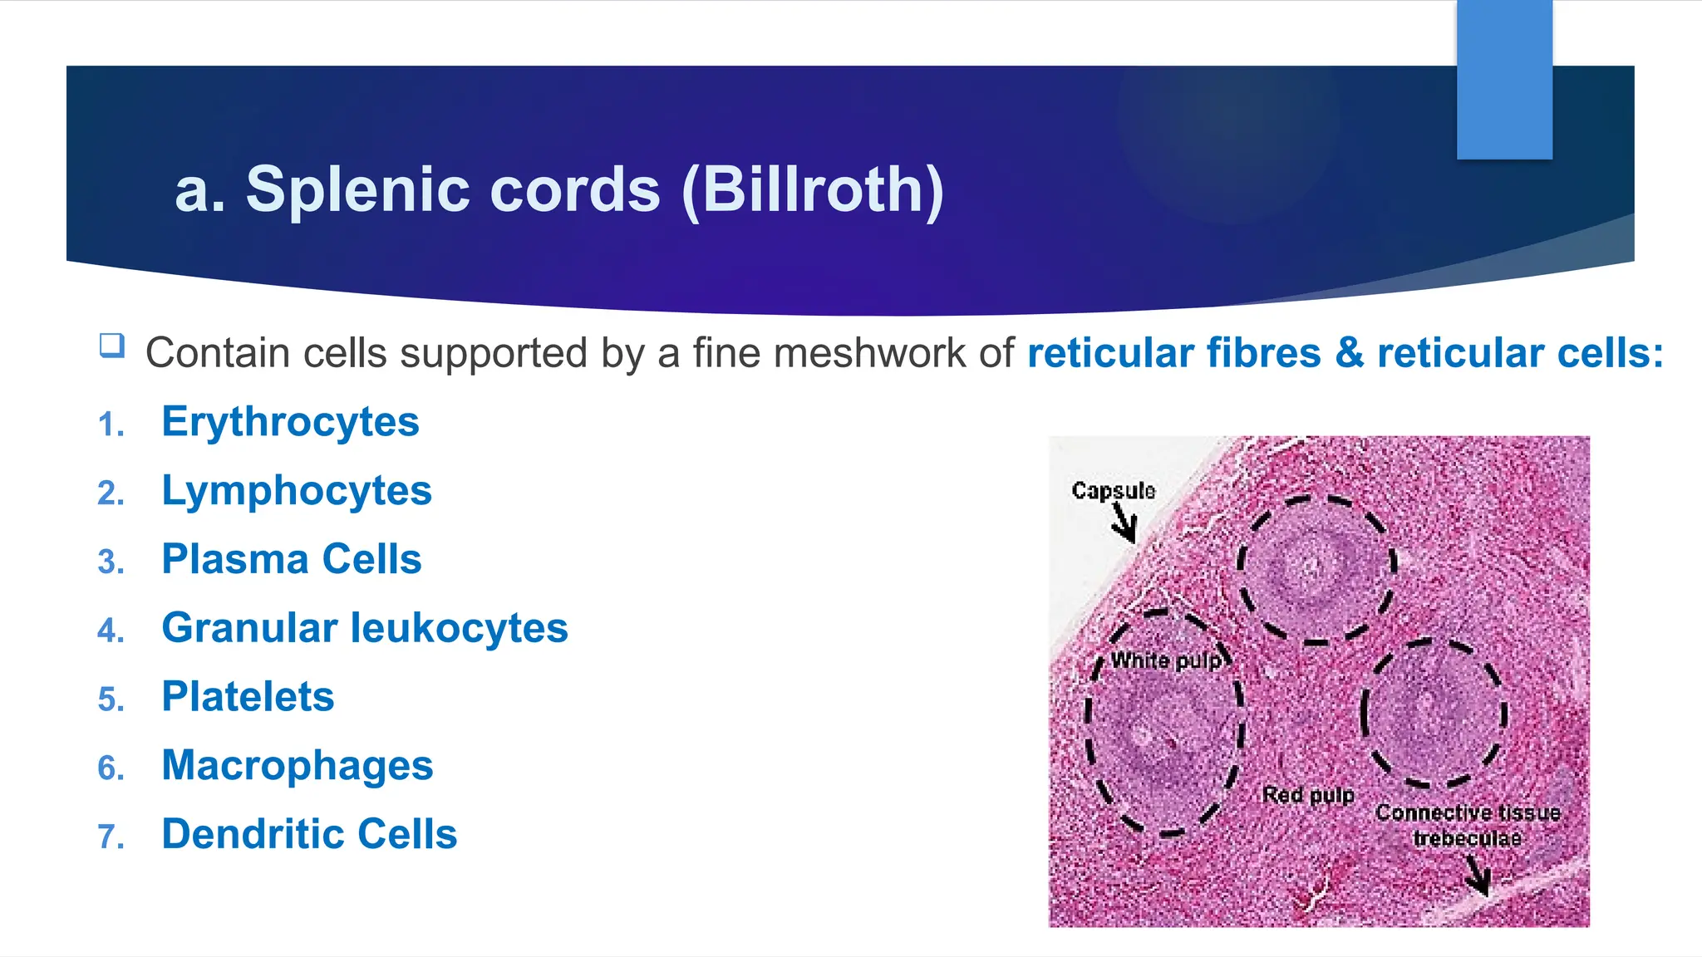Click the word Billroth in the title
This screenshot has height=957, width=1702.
tap(813, 189)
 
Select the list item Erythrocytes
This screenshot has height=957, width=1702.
tap(290, 421)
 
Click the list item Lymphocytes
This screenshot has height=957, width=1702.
tap(297, 490)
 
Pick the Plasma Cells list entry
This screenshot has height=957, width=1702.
tap(292, 559)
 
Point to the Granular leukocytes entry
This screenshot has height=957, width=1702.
tap(365, 627)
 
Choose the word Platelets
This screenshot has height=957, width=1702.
tap(248, 696)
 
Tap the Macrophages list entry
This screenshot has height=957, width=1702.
tap(298, 765)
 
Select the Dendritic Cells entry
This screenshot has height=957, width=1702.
tap(309, 833)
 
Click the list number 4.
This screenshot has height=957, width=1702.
tap(111, 631)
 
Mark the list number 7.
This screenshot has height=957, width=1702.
tap(111, 837)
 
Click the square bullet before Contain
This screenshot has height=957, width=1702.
tap(111, 345)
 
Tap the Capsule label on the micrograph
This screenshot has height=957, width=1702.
tap(1113, 490)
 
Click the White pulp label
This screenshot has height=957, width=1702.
tap(1166, 660)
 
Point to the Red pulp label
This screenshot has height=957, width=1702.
tap(1308, 795)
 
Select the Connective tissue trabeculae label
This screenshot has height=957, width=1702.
tap(1468, 825)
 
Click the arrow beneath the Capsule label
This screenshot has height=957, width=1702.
tap(1124, 525)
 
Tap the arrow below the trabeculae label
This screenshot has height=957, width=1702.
tap(1478, 876)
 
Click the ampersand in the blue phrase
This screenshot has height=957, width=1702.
tap(1350, 353)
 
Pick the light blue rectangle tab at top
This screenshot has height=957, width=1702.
tap(1504, 79)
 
